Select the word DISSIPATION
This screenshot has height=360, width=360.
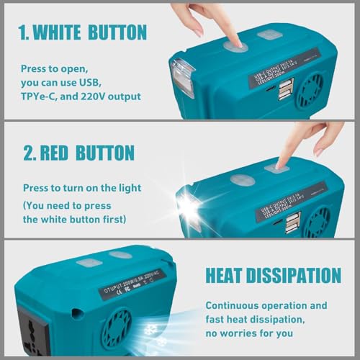click(300, 275)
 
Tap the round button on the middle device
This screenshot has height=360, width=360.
click(241, 179)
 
